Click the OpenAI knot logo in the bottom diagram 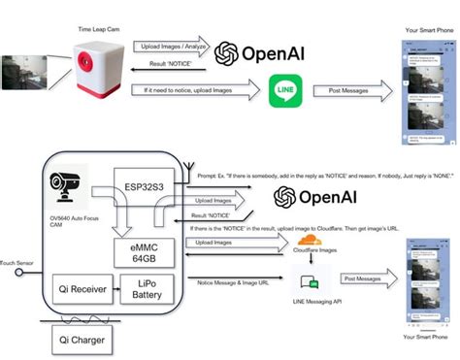click(285, 197)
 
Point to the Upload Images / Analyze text click(172, 45)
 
